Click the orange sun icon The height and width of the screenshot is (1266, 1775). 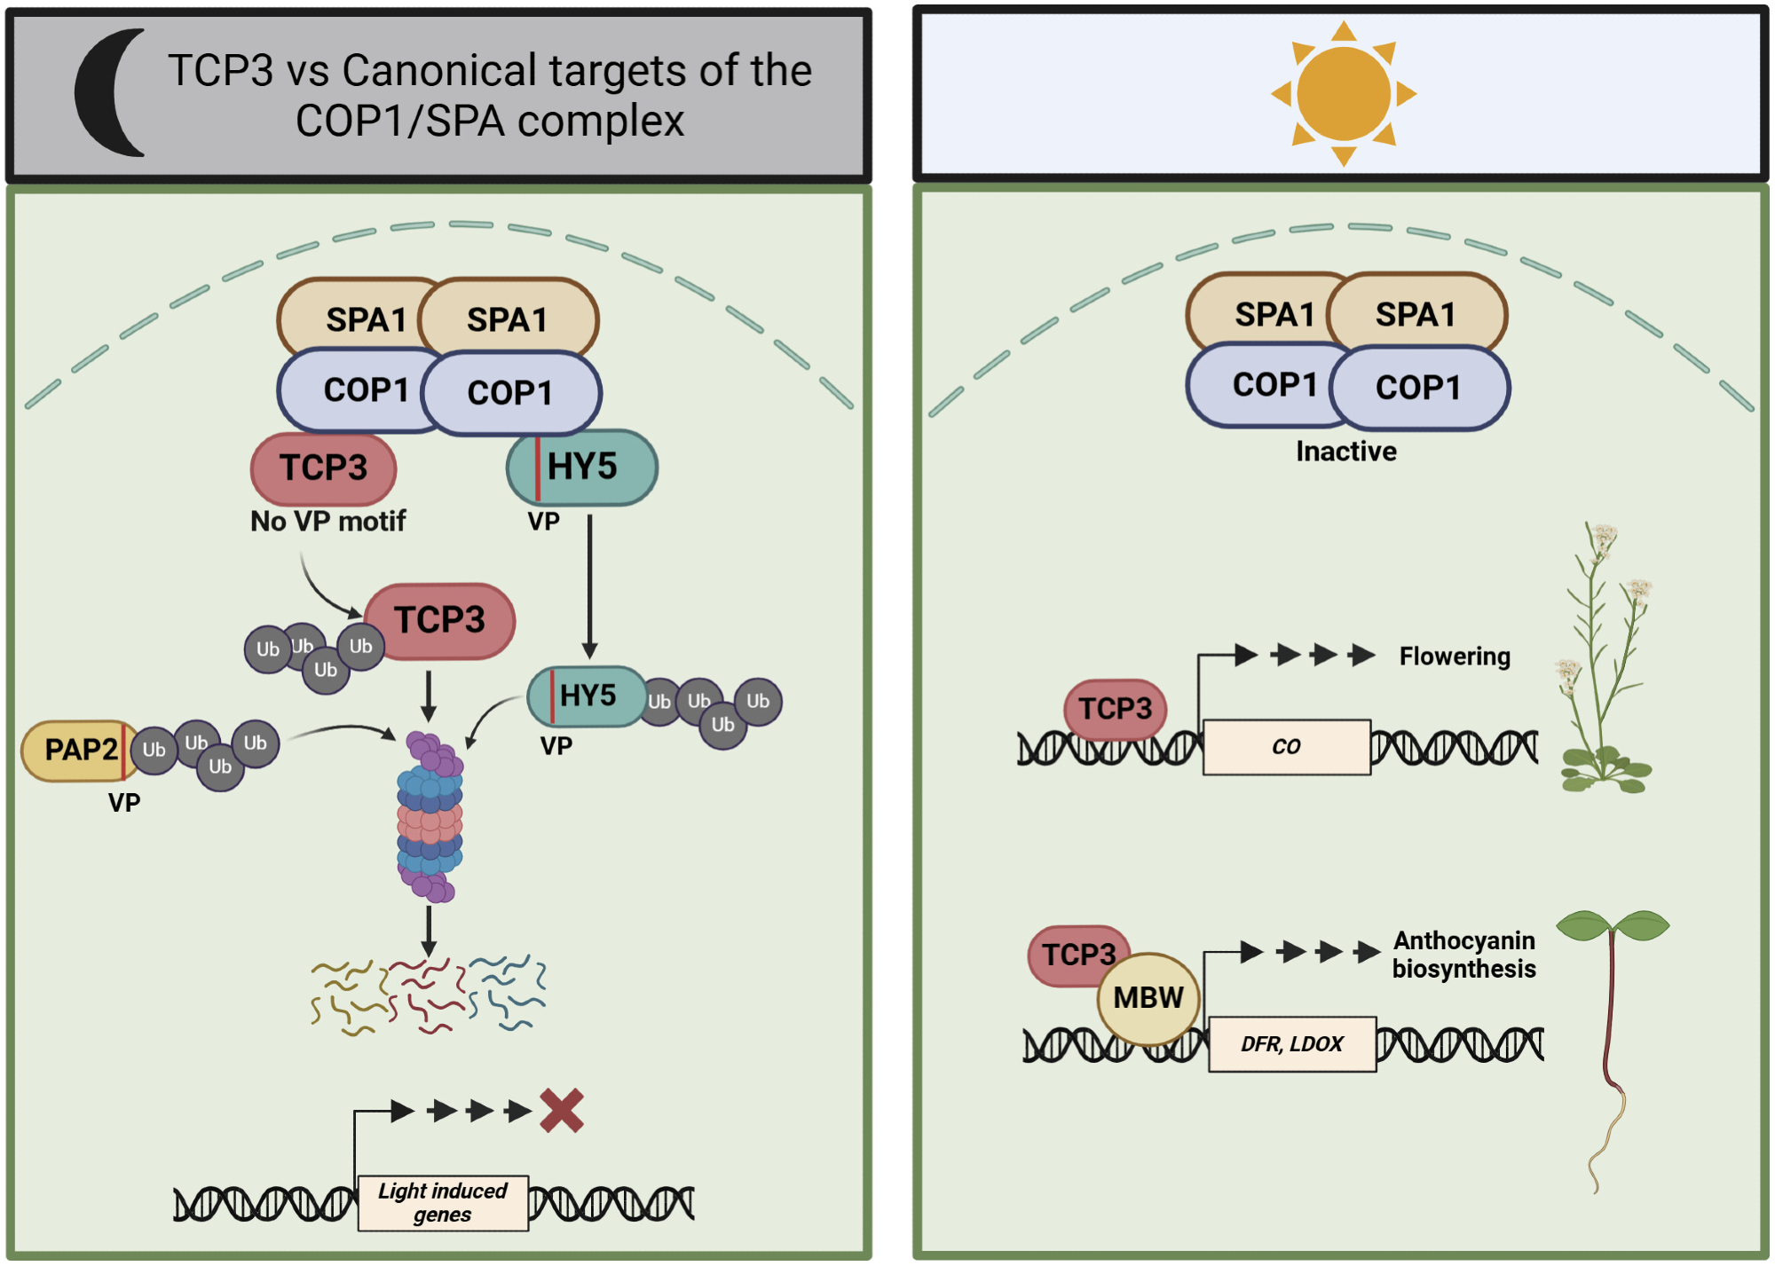[1343, 93]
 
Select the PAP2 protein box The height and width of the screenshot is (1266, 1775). [79, 751]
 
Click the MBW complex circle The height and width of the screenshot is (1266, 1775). [1148, 998]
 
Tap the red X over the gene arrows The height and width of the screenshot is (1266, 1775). [562, 1111]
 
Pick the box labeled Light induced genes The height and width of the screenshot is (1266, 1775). [443, 1203]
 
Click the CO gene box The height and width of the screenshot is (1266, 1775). [1286, 747]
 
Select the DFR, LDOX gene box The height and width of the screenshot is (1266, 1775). [1292, 1044]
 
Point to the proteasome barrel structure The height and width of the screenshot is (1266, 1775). [430, 816]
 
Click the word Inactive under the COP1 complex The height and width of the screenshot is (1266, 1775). [1345, 452]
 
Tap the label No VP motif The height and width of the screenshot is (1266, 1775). [327, 522]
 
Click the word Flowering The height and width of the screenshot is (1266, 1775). [1455, 657]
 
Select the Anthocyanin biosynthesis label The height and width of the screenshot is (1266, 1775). [1463, 955]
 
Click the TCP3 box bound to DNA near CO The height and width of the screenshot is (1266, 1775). [1115, 709]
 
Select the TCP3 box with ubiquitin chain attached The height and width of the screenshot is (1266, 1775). [440, 620]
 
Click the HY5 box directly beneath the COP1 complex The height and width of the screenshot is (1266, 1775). [582, 468]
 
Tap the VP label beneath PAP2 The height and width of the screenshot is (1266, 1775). [124, 803]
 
